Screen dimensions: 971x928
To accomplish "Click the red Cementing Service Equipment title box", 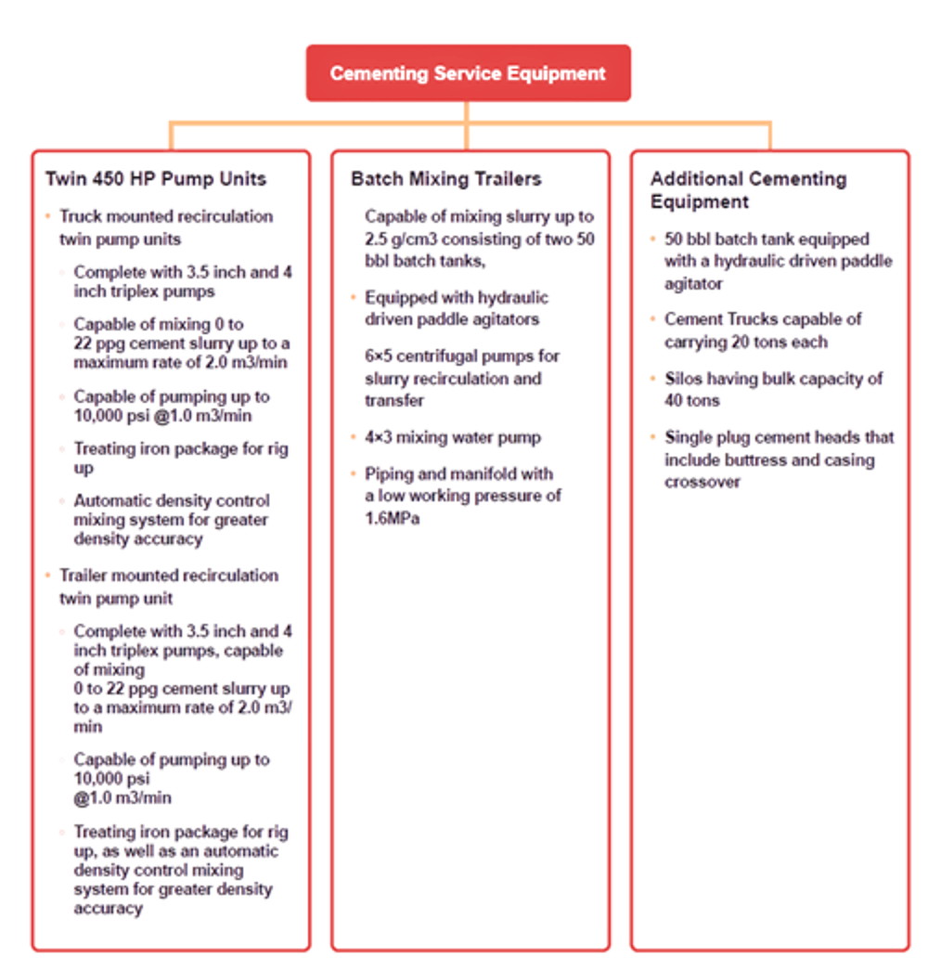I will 469,72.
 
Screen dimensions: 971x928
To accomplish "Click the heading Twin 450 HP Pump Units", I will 156,178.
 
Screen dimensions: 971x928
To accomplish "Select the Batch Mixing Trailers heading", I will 445,178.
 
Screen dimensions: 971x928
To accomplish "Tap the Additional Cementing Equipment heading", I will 747,189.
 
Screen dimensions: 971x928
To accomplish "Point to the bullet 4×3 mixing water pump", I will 452,436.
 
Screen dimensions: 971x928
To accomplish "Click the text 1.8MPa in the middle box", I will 392,519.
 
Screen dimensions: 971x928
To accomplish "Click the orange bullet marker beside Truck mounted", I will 47,216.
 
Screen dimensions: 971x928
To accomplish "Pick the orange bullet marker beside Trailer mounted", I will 47,576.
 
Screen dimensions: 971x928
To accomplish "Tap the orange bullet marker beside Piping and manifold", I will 354,474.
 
